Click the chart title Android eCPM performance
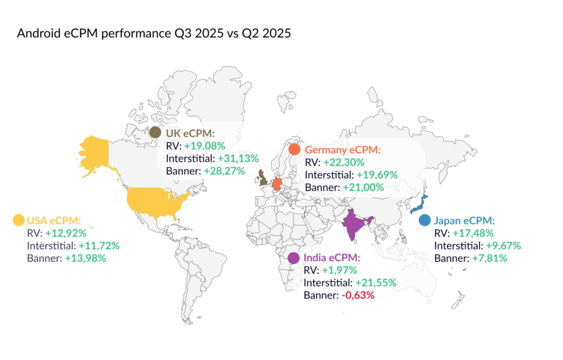[x=154, y=34]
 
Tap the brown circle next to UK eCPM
[x=156, y=132]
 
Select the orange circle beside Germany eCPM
[x=295, y=149]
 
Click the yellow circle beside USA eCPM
[x=19, y=220]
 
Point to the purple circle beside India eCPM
[x=294, y=258]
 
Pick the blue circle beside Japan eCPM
[x=424, y=220]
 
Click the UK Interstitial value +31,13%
[x=239, y=158]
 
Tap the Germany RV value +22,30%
[x=343, y=162]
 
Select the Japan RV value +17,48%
[x=473, y=233]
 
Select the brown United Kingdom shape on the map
[x=262, y=178]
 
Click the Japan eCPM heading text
[x=465, y=220]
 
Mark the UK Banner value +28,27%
[x=231, y=171]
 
